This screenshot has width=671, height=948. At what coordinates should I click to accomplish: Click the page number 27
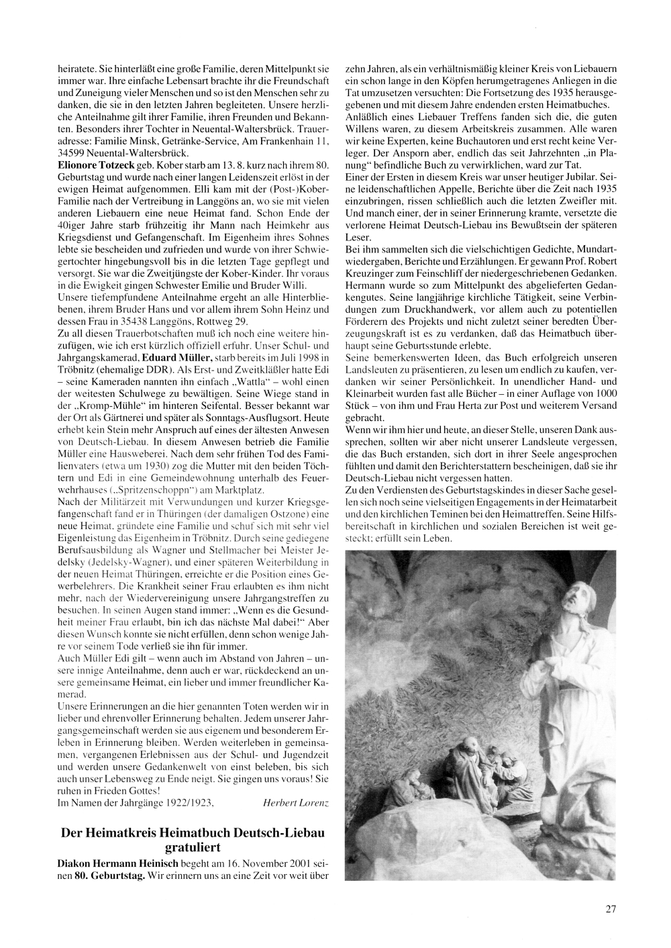click(610, 909)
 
